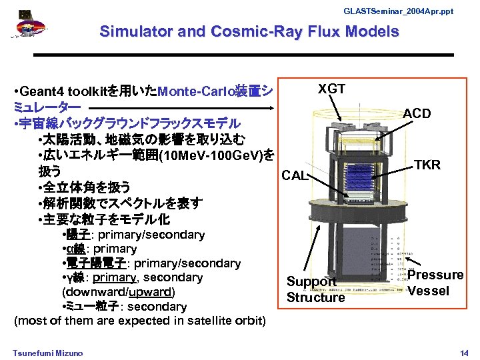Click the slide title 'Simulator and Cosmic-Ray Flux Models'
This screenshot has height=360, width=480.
[x=249, y=31]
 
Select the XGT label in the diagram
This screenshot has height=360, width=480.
[x=331, y=89]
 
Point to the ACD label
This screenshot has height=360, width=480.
[x=417, y=113]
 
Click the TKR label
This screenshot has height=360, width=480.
[x=427, y=165]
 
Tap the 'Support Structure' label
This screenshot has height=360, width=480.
[x=315, y=289]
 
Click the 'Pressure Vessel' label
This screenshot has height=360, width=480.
[x=435, y=283]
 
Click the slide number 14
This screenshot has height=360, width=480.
[x=464, y=351]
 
